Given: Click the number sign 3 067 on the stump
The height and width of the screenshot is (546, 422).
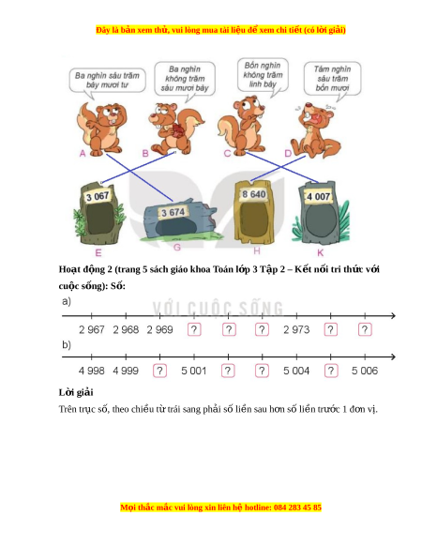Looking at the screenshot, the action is [x=98, y=196].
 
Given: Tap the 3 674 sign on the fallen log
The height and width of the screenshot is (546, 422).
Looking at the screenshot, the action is [x=173, y=212].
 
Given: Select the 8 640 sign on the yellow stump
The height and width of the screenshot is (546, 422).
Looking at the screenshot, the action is [x=254, y=194].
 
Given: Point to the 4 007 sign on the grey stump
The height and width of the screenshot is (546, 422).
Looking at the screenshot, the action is [x=318, y=197].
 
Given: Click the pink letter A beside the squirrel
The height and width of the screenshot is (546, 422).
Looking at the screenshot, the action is [x=83, y=153].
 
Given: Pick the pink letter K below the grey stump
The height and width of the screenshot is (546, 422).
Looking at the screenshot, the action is [x=321, y=252].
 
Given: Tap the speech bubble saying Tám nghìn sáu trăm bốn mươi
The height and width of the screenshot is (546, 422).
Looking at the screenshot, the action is [x=333, y=79].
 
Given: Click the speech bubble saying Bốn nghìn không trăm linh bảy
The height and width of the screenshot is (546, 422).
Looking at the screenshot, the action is [x=263, y=75].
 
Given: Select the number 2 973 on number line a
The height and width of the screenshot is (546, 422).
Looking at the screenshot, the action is [x=296, y=329].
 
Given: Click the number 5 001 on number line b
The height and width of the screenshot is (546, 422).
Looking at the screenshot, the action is [x=194, y=371].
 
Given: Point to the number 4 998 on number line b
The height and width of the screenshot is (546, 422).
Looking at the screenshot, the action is [x=92, y=371].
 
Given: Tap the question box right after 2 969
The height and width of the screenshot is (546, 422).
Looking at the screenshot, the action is [x=194, y=329].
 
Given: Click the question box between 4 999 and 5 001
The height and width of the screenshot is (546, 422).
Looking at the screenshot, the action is [x=159, y=371].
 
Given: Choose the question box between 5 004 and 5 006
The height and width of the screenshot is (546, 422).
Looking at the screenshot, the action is [x=331, y=371].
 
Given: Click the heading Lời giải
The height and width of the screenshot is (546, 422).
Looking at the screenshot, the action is [x=76, y=392].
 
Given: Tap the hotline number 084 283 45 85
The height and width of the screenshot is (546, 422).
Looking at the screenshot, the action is [x=297, y=508].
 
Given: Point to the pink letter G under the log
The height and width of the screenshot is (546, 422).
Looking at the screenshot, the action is [x=177, y=248].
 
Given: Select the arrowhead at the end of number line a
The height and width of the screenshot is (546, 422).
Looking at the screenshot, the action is [x=393, y=316].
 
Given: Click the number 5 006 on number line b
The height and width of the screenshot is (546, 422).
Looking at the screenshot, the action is [x=365, y=371].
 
